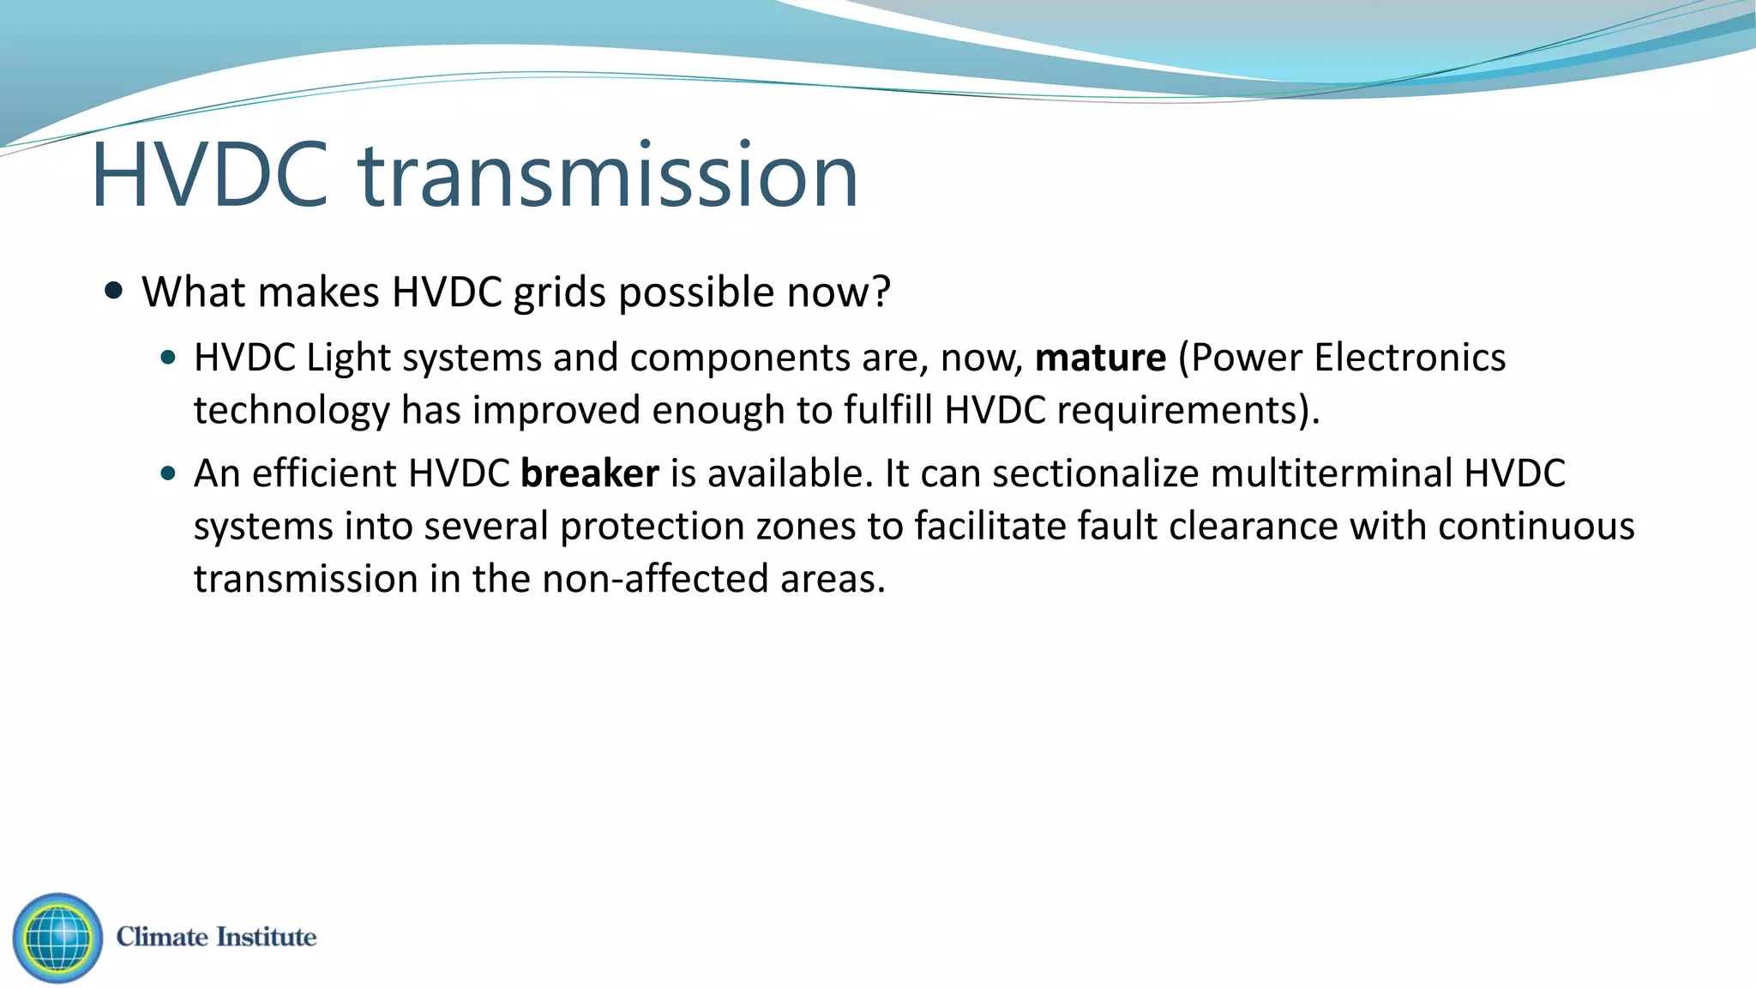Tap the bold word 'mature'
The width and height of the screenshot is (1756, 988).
point(1100,358)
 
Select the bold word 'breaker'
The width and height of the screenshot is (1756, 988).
point(590,473)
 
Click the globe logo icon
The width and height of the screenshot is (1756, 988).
point(57,937)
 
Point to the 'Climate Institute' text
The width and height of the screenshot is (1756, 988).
point(216,937)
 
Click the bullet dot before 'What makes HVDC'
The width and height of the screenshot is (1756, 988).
point(113,290)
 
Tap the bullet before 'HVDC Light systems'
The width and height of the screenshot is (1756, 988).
point(168,357)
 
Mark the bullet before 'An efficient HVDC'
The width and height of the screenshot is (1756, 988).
point(168,473)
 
